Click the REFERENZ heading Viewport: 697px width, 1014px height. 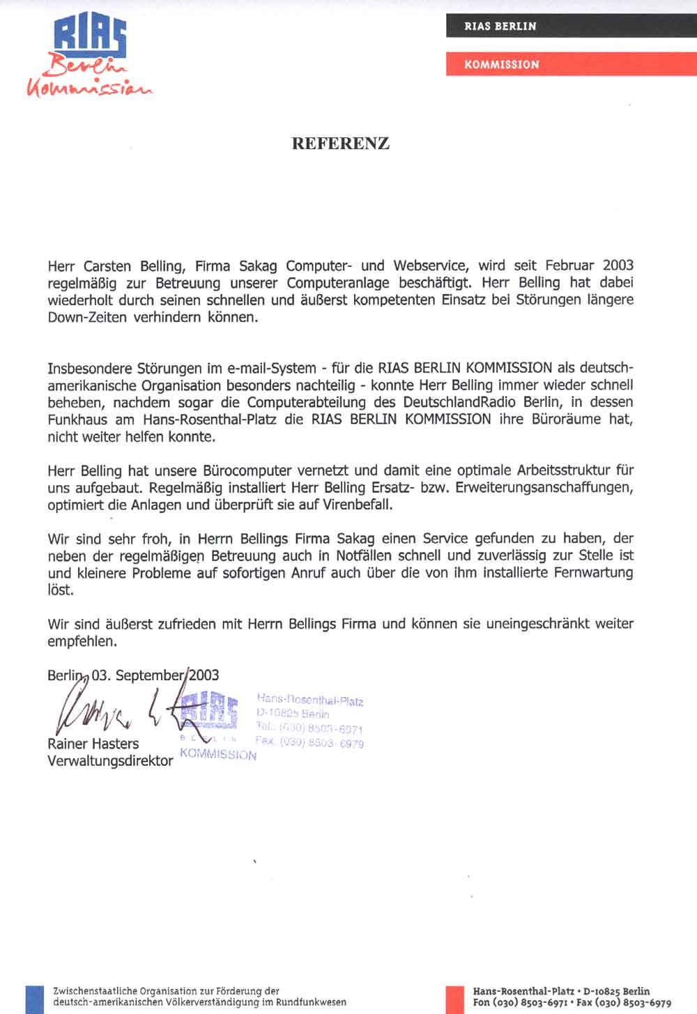(340, 144)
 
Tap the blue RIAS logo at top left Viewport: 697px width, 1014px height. (90, 38)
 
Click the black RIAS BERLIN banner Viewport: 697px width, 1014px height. (500, 26)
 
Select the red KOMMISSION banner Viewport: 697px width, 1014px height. (502, 65)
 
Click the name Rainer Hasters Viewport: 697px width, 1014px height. (93, 744)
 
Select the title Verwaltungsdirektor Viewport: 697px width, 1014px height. (109, 761)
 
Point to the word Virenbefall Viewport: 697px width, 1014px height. (358, 505)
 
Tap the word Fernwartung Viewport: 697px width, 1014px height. (593, 573)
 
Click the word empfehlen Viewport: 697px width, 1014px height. (81, 641)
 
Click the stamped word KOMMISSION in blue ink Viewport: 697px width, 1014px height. (218, 754)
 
